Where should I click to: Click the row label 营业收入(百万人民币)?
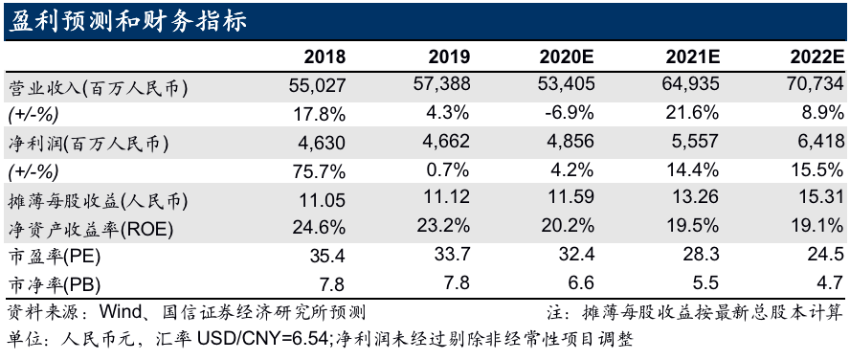[x=98, y=86]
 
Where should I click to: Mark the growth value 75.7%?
[x=322, y=172]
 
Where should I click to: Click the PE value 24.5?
[x=826, y=257]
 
